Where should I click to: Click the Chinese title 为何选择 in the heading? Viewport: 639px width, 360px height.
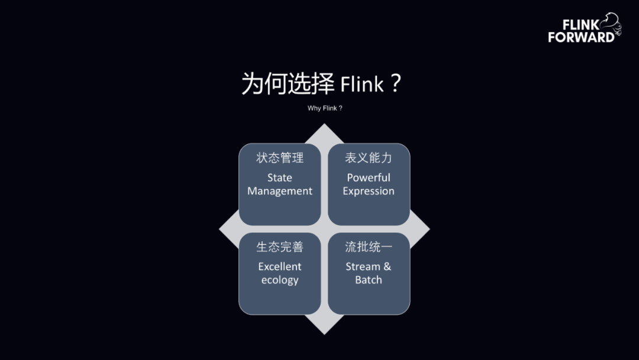[288, 84]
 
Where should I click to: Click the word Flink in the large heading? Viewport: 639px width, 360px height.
[362, 85]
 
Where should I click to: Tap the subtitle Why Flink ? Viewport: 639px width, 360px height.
[325, 108]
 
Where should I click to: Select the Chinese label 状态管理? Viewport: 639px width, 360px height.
[280, 158]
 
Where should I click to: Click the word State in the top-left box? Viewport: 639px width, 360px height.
[280, 178]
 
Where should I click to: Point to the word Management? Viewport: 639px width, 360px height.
[280, 191]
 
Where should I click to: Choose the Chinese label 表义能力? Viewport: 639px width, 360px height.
[369, 158]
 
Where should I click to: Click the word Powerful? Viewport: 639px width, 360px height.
[369, 178]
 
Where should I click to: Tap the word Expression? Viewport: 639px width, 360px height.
[369, 191]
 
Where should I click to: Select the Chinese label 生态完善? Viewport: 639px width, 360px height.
[280, 247]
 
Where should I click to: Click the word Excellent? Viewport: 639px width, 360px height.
[280, 266]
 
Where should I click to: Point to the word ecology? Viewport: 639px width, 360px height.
[280, 280]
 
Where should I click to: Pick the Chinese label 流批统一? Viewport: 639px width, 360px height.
[369, 247]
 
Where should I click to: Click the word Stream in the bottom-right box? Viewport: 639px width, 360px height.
[363, 266]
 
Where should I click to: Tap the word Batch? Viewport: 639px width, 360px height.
[369, 280]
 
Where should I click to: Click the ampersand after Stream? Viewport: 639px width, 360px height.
[387, 266]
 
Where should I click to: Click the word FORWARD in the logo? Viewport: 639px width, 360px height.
[581, 37]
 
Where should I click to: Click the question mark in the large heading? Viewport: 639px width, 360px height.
[396, 84]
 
